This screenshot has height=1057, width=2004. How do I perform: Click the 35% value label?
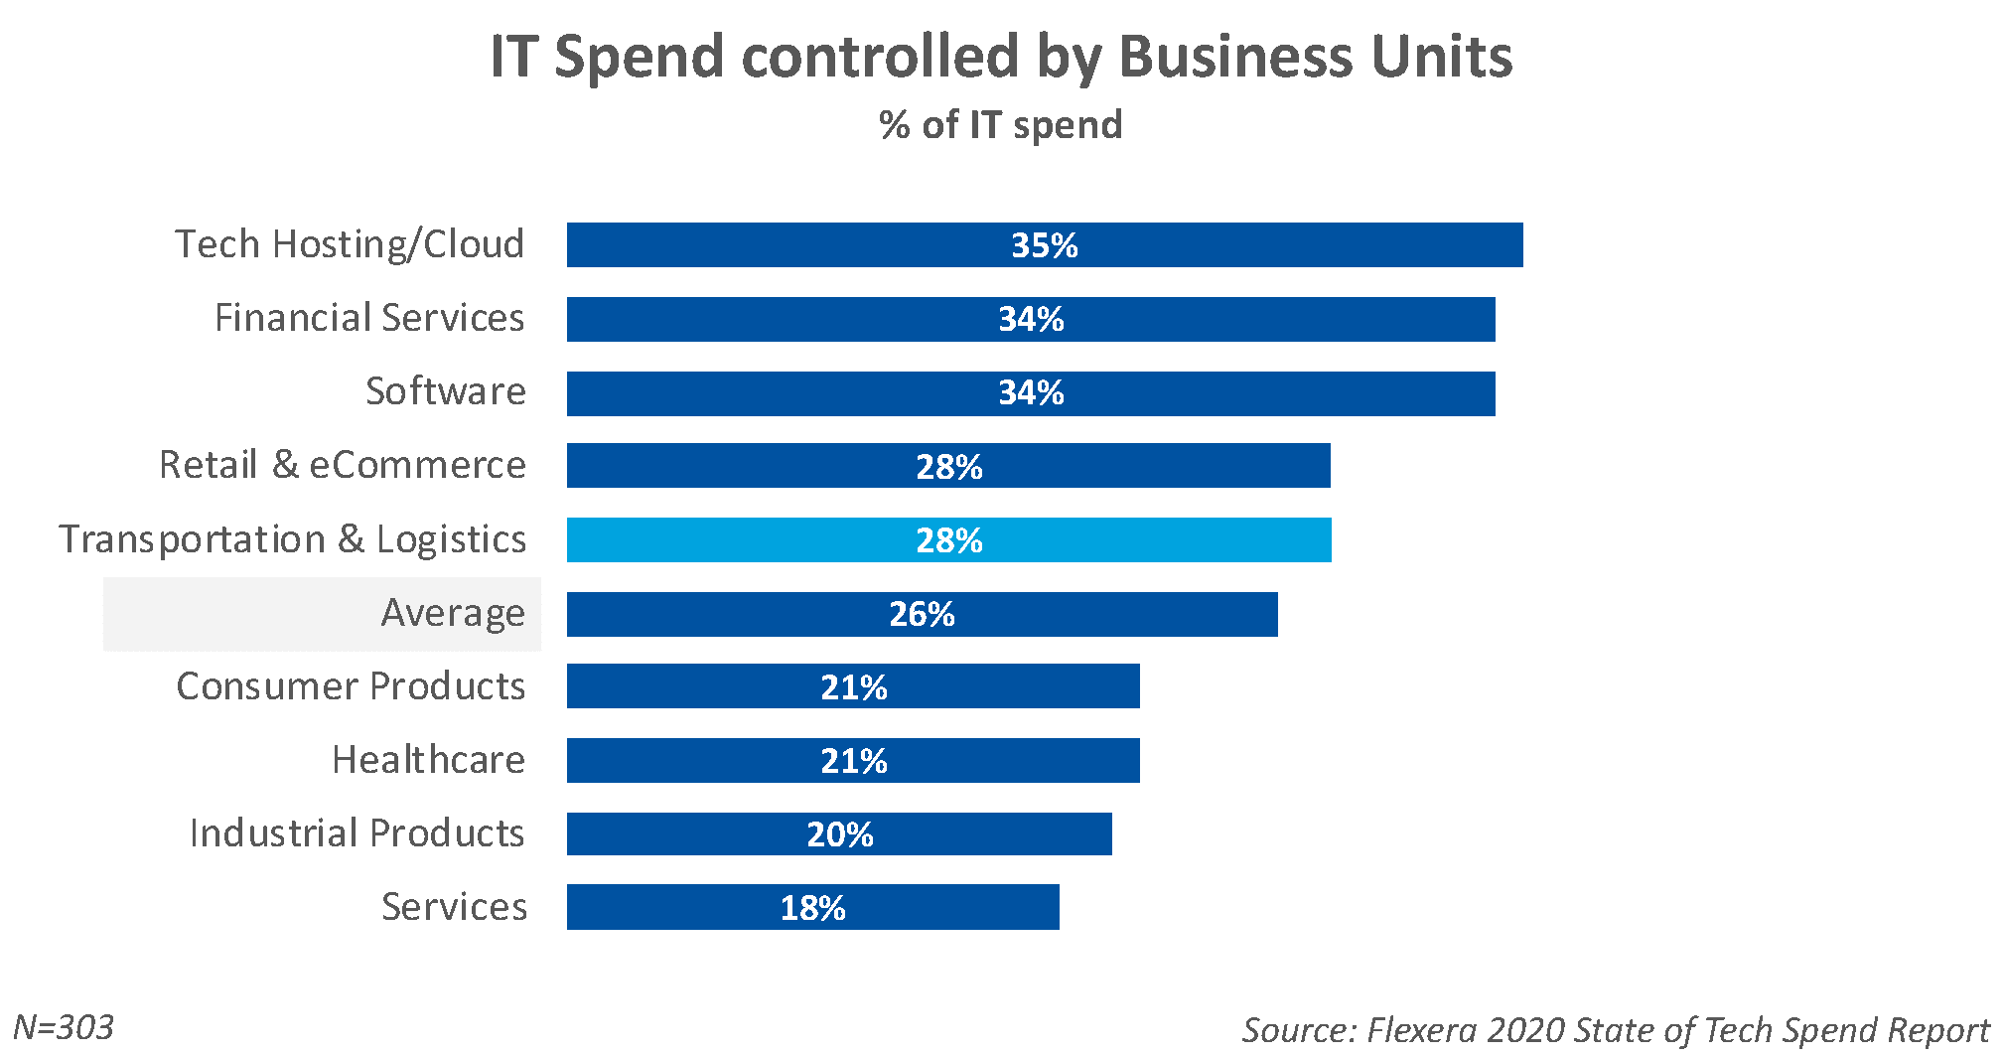tap(1044, 245)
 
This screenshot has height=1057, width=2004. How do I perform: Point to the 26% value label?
tap(922, 614)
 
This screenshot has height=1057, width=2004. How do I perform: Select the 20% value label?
tap(839, 834)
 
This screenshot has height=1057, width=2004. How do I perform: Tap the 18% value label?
tap(812, 908)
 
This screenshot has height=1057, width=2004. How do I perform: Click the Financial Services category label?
tap(369, 318)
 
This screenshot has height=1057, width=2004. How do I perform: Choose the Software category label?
tap(446, 391)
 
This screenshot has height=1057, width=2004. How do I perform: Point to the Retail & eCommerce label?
tap(343, 465)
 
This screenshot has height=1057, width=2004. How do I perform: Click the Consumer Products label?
tap(351, 686)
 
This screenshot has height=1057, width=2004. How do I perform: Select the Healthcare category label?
tap(428, 760)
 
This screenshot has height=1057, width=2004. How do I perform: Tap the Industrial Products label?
tap(357, 833)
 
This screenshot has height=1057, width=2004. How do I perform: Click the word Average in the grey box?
tap(453, 614)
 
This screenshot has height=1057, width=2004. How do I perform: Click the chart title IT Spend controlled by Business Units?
tap(1001, 57)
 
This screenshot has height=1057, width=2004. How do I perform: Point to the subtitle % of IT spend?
tap(1001, 125)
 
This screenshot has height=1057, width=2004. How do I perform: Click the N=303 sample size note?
tap(64, 1027)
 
